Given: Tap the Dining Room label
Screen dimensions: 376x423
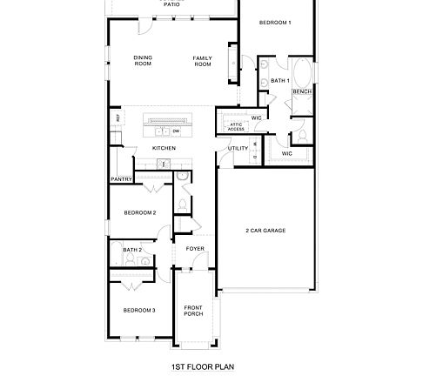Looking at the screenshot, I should pyautogui.click(x=143, y=61).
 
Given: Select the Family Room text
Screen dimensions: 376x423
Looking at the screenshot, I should pyautogui.click(x=203, y=61).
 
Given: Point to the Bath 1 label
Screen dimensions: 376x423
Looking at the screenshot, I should pyautogui.click(x=279, y=81).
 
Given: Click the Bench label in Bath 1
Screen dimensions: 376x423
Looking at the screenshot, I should pyautogui.click(x=302, y=91).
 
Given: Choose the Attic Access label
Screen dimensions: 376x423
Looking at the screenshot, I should pyautogui.click(x=237, y=126).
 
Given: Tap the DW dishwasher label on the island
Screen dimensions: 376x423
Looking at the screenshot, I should pyautogui.click(x=176, y=131).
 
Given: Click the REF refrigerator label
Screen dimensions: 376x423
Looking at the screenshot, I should pyautogui.click(x=116, y=118).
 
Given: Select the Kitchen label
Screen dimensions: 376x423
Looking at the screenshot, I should pyautogui.click(x=164, y=148).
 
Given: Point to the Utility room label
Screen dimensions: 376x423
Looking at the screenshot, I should pyautogui.click(x=238, y=148).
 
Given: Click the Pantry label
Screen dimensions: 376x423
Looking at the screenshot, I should pyautogui.click(x=121, y=179).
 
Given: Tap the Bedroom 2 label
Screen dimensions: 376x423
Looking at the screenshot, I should pyautogui.click(x=139, y=212).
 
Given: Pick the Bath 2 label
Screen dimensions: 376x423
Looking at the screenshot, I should pyautogui.click(x=132, y=250).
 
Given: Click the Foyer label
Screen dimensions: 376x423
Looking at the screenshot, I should pyautogui.click(x=195, y=249).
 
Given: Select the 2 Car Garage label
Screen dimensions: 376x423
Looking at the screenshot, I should pyautogui.click(x=265, y=230).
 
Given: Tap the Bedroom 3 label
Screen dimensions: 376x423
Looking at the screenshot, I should pyautogui.click(x=138, y=310).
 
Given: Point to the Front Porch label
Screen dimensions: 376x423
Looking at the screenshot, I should pyautogui.click(x=193, y=311).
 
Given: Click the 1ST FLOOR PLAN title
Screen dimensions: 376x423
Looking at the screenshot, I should pyautogui.click(x=204, y=367).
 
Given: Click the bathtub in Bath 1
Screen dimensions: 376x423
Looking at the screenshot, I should pyautogui.click(x=302, y=72).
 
